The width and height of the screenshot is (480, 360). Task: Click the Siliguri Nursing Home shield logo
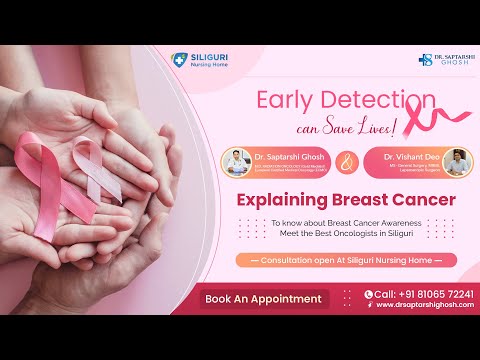[x=179, y=60]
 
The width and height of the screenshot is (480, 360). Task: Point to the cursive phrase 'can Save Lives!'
[x=345, y=127]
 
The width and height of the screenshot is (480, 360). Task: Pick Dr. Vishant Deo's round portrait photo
[x=456, y=161]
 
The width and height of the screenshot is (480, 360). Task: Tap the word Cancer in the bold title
[x=423, y=199]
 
